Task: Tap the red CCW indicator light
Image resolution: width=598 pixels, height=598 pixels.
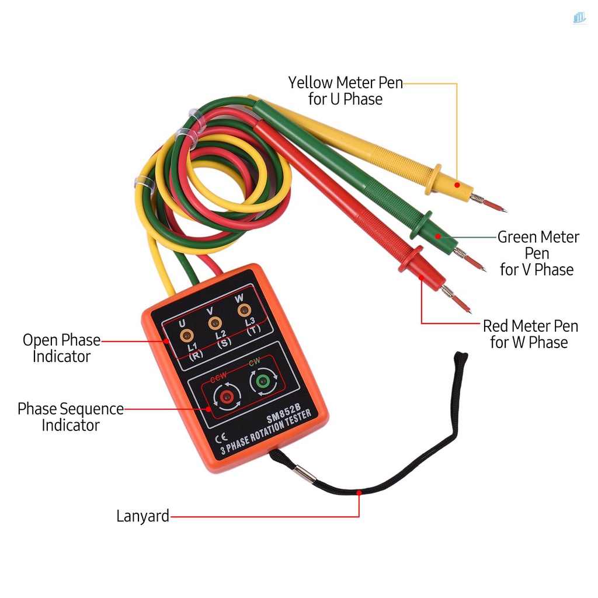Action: pos(226,398)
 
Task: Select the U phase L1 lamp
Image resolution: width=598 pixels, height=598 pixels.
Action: pos(187,335)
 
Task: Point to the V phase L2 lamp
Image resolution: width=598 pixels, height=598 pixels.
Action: pos(214,322)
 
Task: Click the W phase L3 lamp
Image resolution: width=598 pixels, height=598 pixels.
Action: pos(242,310)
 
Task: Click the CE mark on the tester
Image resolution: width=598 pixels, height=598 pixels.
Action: pos(221,439)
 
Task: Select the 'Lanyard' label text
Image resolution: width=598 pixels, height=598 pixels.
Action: pos(142,516)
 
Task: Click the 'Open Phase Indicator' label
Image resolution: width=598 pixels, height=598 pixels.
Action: pos(61,348)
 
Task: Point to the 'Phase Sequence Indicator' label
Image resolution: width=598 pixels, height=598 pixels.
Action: pos(71,416)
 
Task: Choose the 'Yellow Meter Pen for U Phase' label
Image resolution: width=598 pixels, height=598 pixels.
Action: pos(346,91)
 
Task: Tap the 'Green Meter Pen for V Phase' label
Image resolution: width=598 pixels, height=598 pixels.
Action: pos(538,253)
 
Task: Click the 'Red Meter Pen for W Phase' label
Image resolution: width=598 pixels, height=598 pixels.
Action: pos(530,333)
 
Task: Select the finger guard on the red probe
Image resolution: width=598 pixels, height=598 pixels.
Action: pos(411,259)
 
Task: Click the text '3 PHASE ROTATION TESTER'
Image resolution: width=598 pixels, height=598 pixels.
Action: pos(266,432)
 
